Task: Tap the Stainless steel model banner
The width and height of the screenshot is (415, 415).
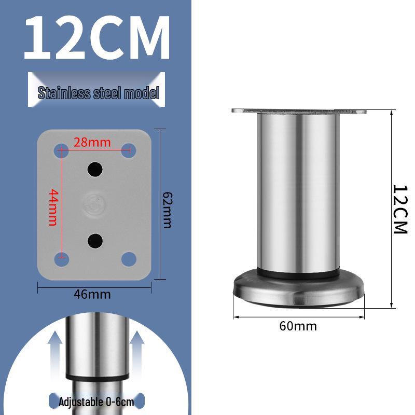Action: [x=96, y=93]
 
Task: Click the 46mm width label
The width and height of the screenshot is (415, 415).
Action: [x=92, y=294]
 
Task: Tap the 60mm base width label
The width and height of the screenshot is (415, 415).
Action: [x=298, y=326]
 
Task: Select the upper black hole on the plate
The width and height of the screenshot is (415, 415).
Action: [x=94, y=169]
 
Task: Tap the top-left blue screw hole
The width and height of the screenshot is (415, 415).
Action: [x=61, y=151]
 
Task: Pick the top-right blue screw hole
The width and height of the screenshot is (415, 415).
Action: [x=128, y=151]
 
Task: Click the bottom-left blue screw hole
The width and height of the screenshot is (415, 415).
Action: [x=61, y=258]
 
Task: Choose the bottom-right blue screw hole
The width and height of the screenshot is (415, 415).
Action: [x=128, y=258]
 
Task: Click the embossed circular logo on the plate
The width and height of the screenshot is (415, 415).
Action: [x=94, y=203]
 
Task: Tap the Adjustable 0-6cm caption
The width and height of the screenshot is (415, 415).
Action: [x=96, y=402]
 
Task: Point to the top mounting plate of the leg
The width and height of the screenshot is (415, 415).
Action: [x=299, y=112]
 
